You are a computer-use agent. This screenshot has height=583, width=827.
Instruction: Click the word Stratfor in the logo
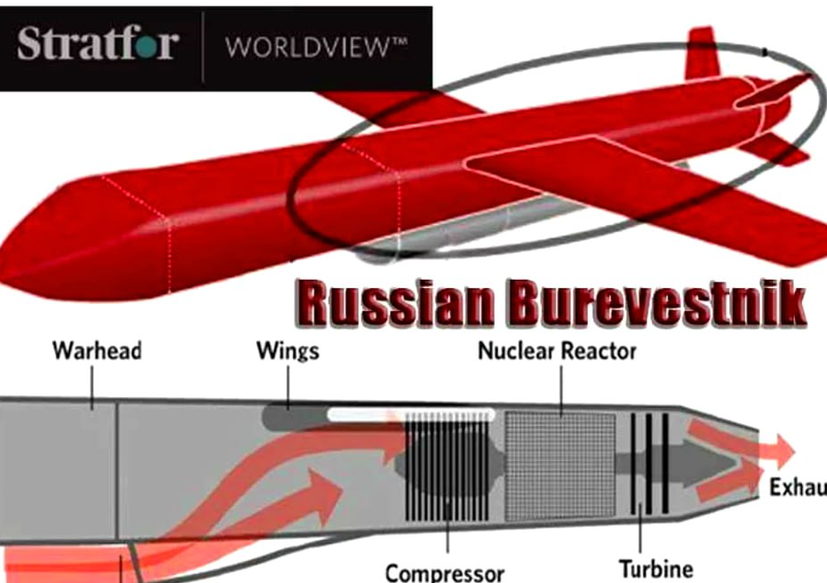pyautogui.click(x=97, y=44)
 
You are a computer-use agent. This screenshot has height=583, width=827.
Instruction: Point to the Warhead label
pyautogui.click(x=97, y=351)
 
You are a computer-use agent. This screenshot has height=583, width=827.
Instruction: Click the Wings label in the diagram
pyautogui.click(x=288, y=351)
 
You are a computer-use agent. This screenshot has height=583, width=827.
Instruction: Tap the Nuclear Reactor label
pyautogui.click(x=556, y=351)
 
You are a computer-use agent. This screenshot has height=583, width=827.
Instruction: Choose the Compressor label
pyautogui.click(x=445, y=571)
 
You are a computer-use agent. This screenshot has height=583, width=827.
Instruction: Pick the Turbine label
pyautogui.click(x=656, y=569)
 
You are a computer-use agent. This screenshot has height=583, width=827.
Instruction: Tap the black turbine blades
pyautogui.click(x=649, y=462)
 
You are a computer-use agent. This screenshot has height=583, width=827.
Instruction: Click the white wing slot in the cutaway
pyautogui.click(x=411, y=414)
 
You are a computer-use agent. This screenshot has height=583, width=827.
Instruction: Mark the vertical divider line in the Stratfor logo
pyautogui.click(x=203, y=47)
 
